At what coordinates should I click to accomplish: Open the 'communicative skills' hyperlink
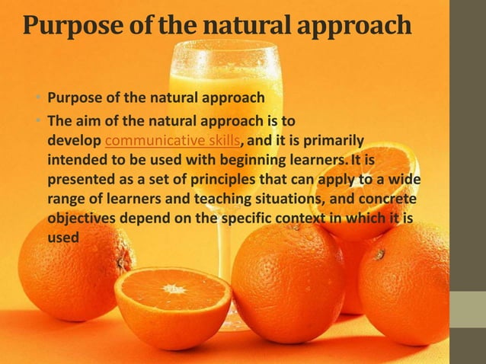pyautogui.click(x=172, y=140)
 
